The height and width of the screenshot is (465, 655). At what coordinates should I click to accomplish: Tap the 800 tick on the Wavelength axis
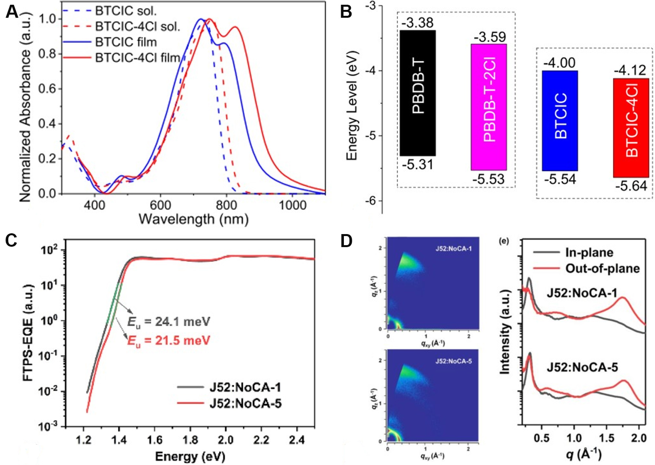(226, 205)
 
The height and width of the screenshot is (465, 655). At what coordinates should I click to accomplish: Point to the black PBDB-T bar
(418, 93)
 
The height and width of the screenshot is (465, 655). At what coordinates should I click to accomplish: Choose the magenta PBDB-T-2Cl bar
(489, 107)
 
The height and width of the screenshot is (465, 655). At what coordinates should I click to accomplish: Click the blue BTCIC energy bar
(560, 120)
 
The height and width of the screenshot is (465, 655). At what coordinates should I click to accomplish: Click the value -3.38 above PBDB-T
(417, 23)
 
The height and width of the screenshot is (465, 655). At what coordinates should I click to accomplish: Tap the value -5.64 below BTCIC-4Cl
(631, 186)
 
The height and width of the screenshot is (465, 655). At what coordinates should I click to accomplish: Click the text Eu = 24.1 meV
(169, 322)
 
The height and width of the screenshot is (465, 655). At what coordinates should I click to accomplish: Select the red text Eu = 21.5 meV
(169, 340)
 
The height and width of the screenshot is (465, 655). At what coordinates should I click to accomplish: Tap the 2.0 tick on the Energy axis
(225, 439)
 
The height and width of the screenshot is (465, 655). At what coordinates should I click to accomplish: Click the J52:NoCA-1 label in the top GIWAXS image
(453, 248)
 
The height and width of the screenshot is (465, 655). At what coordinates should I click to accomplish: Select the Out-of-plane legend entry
(602, 268)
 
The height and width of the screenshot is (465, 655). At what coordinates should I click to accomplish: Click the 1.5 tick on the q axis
(606, 438)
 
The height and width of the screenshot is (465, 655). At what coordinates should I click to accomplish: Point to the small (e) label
(504, 241)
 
